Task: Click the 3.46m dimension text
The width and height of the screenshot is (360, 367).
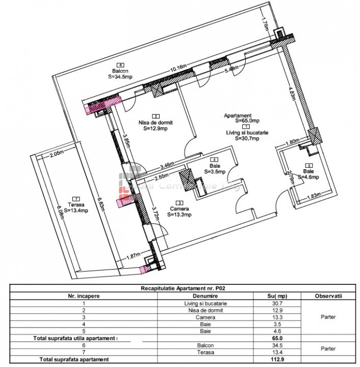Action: point(168,165)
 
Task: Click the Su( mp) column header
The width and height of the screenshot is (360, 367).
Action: point(277,296)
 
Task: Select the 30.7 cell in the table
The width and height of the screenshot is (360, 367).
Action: point(277,304)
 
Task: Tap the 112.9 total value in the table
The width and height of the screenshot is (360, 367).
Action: point(277,360)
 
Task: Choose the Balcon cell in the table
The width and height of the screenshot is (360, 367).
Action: point(206,346)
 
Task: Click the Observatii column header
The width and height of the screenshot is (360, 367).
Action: point(328,296)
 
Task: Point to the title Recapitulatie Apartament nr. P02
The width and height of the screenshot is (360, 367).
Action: point(183,288)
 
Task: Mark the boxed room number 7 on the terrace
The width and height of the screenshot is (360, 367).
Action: point(76,198)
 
